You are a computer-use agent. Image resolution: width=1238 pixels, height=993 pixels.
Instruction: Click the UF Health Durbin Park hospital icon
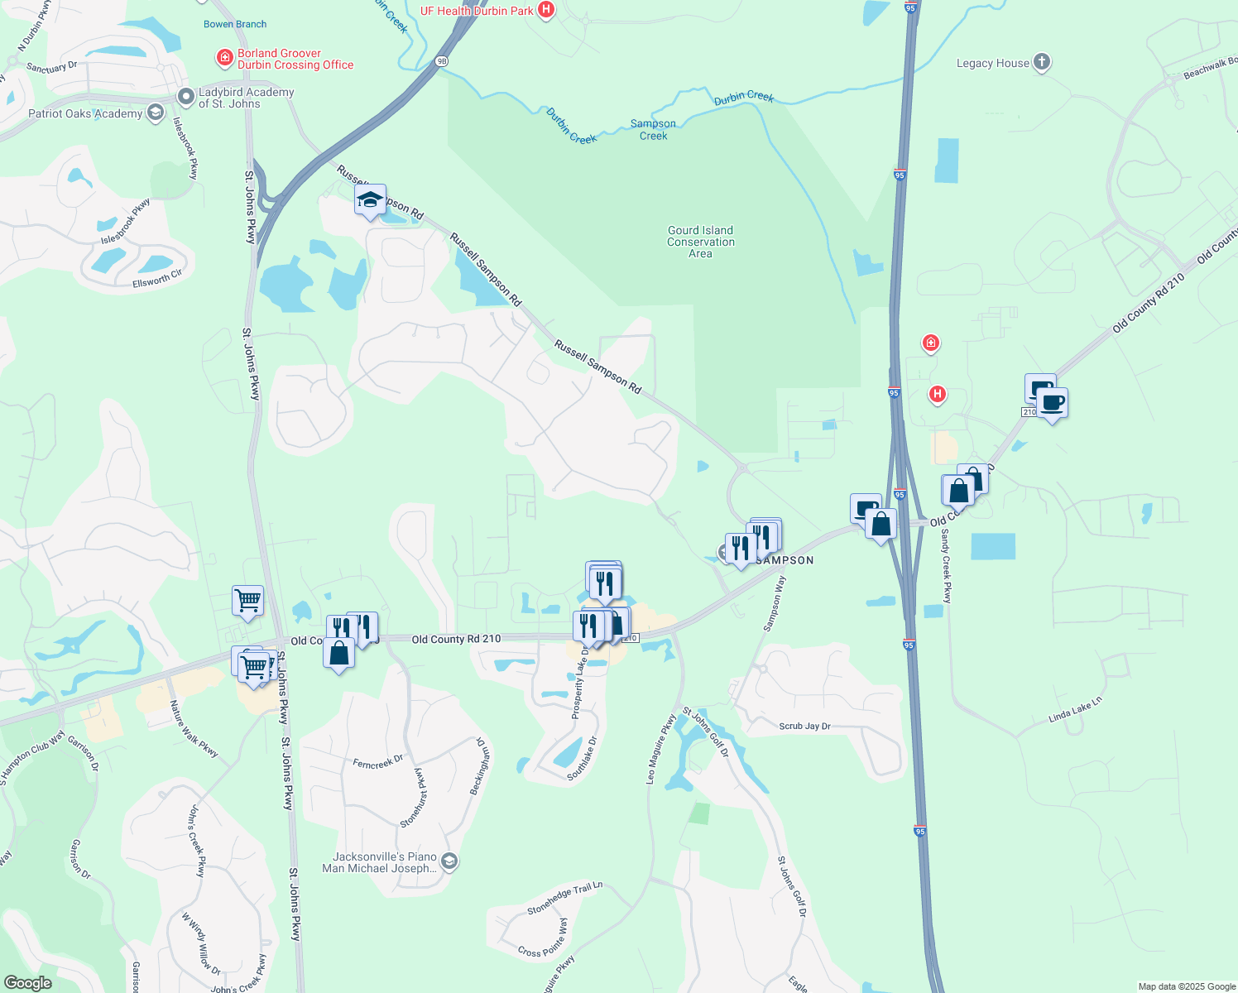[x=546, y=10]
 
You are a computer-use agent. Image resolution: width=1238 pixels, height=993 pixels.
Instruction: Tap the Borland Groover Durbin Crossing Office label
[x=295, y=59]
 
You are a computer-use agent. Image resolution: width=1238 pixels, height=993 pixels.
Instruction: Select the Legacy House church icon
[x=1042, y=62]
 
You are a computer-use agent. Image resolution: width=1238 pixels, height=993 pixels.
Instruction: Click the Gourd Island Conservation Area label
[x=701, y=242]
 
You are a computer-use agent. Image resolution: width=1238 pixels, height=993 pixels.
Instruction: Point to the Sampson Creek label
[x=653, y=130]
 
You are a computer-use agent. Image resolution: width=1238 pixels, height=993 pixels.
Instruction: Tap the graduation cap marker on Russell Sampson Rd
[x=370, y=200]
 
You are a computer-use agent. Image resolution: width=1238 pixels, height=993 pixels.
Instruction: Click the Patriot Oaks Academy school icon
[x=155, y=113]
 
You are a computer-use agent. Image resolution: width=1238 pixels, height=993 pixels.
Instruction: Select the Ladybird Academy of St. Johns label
[x=246, y=98]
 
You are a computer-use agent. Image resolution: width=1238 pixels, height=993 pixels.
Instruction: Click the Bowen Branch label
[x=235, y=24]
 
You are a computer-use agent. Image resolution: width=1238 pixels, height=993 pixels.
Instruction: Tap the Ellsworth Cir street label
[x=157, y=279]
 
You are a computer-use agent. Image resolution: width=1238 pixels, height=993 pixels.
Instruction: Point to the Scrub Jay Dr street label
[x=804, y=726]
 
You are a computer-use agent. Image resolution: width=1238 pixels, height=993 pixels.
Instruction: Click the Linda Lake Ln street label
[x=1075, y=710]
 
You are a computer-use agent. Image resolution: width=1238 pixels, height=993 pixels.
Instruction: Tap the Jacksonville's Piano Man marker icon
[x=449, y=862]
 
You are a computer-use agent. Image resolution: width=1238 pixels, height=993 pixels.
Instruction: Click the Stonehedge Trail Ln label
[x=565, y=898]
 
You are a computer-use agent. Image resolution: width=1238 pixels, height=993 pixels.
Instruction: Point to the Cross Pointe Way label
[x=543, y=938]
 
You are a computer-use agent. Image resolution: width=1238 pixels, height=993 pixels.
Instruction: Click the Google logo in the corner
[x=27, y=982]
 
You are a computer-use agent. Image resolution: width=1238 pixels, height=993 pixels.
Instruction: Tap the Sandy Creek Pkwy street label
[x=946, y=566]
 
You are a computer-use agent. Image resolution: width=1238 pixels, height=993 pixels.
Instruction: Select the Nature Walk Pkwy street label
[x=194, y=728]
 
